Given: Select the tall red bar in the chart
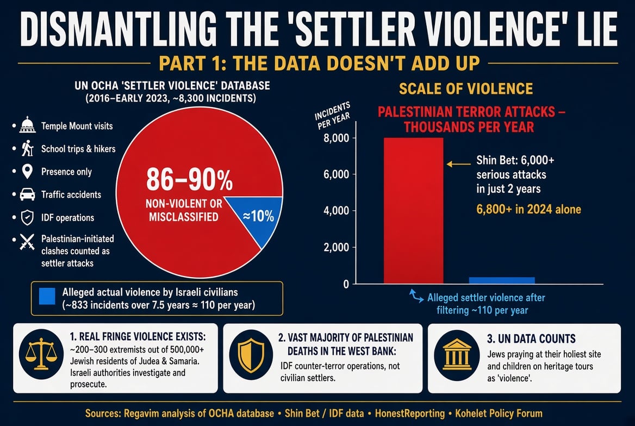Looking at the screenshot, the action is tap(413, 211).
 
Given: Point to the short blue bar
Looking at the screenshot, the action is tap(502, 280).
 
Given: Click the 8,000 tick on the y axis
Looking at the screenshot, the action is tap(336, 138).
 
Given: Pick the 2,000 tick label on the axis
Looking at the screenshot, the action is tap(336, 247).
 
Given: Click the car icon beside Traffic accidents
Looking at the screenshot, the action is tap(27, 195).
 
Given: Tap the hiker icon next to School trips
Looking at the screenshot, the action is tap(27, 149).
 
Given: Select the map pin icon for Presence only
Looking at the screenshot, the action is tap(27, 172).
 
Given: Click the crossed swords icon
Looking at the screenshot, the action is tap(27, 242).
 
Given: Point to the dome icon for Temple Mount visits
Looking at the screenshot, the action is tap(27, 125).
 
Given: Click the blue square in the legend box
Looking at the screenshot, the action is tap(47, 296).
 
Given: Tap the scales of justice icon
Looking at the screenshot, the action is tap(41, 354).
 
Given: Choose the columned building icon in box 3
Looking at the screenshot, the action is tap(457, 354).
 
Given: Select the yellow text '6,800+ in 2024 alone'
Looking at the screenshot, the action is tap(528, 209).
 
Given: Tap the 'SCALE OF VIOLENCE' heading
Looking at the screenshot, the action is tap(466, 89).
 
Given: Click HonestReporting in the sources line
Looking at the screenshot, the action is tap(410, 414).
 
